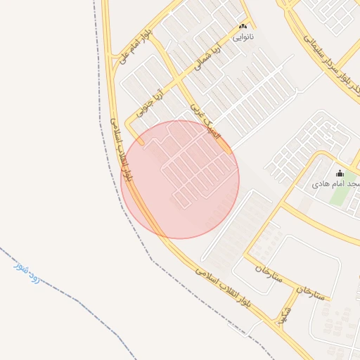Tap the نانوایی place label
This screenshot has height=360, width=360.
click(244, 35)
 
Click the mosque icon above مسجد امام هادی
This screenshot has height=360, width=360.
click(340, 173)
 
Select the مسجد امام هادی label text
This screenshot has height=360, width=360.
click(337, 184)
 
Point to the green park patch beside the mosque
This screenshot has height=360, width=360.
click(340, 195)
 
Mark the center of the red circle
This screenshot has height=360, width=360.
click(179, 179)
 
